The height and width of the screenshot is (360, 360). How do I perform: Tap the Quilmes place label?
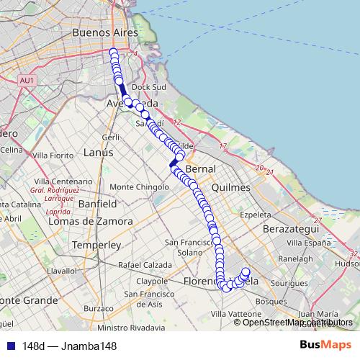230,187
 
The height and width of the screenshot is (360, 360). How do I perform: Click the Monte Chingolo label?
138,187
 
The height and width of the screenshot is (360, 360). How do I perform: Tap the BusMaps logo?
326,345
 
